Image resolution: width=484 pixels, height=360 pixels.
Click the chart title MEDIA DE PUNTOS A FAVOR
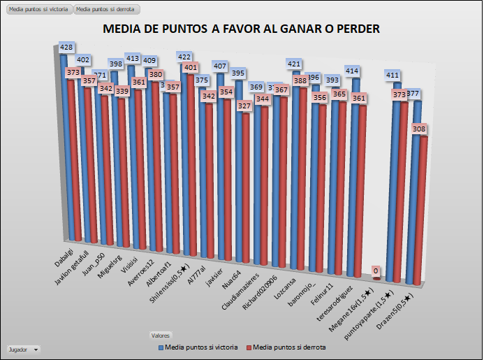point(241,29)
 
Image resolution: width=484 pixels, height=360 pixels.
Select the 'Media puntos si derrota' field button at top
point(107,10)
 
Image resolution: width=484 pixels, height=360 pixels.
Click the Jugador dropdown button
point(23,348)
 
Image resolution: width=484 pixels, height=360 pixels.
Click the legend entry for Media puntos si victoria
point(198,347)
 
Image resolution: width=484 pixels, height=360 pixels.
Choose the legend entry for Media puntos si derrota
point(288,347)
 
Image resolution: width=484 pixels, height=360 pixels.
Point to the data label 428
point(67,48)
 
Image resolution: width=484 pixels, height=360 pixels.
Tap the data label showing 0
point(376,271)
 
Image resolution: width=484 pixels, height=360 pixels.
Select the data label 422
point(185,57)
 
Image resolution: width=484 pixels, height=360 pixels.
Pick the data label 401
point(189,68)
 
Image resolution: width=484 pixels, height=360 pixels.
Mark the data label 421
point(294,64)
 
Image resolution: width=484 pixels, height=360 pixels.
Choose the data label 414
point(351,71)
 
